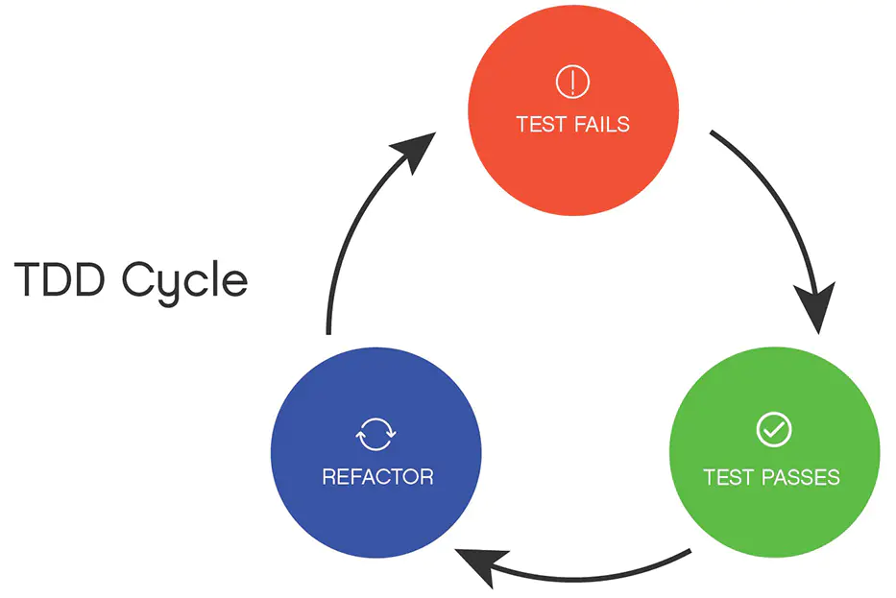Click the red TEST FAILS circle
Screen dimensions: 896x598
[573, 110]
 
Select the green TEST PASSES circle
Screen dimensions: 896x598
[774, 452]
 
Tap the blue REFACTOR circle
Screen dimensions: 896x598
[376, 452]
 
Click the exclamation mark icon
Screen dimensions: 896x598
[572, 82]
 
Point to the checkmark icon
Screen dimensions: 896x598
[774, 429]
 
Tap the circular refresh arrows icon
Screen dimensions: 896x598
[375, 434]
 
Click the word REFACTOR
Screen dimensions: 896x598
[377, 476]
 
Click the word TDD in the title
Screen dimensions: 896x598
[60, 278]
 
